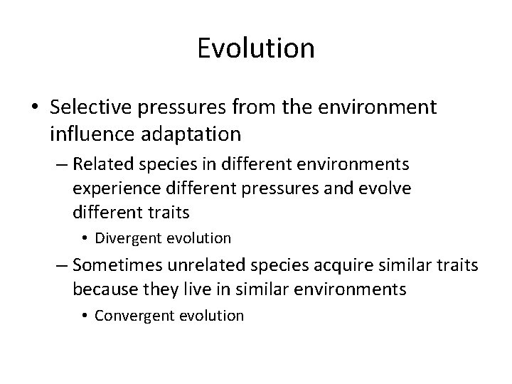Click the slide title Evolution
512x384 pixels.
(256, 48)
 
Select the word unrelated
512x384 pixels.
(203, 266)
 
